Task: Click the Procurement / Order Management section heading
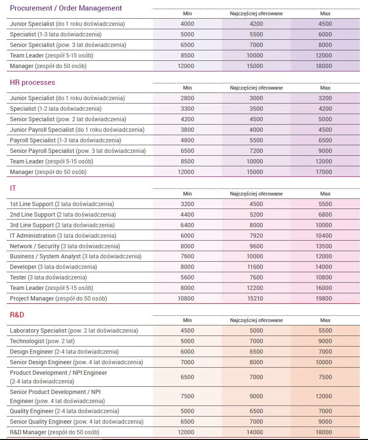[66, 8]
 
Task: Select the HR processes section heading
[33, 82]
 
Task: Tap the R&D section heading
[17, 315]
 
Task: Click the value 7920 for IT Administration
[256, 236]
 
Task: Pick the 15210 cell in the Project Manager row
[256, 299]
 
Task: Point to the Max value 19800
[325, 299]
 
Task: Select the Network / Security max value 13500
[325, 246]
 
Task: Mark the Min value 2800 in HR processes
[187, 98]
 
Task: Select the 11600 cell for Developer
[256, 267]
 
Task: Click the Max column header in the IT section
[325, 194]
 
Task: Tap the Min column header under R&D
[187, 320]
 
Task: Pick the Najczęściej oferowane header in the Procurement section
[256, 13]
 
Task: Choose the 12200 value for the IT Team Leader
[256, 288]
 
